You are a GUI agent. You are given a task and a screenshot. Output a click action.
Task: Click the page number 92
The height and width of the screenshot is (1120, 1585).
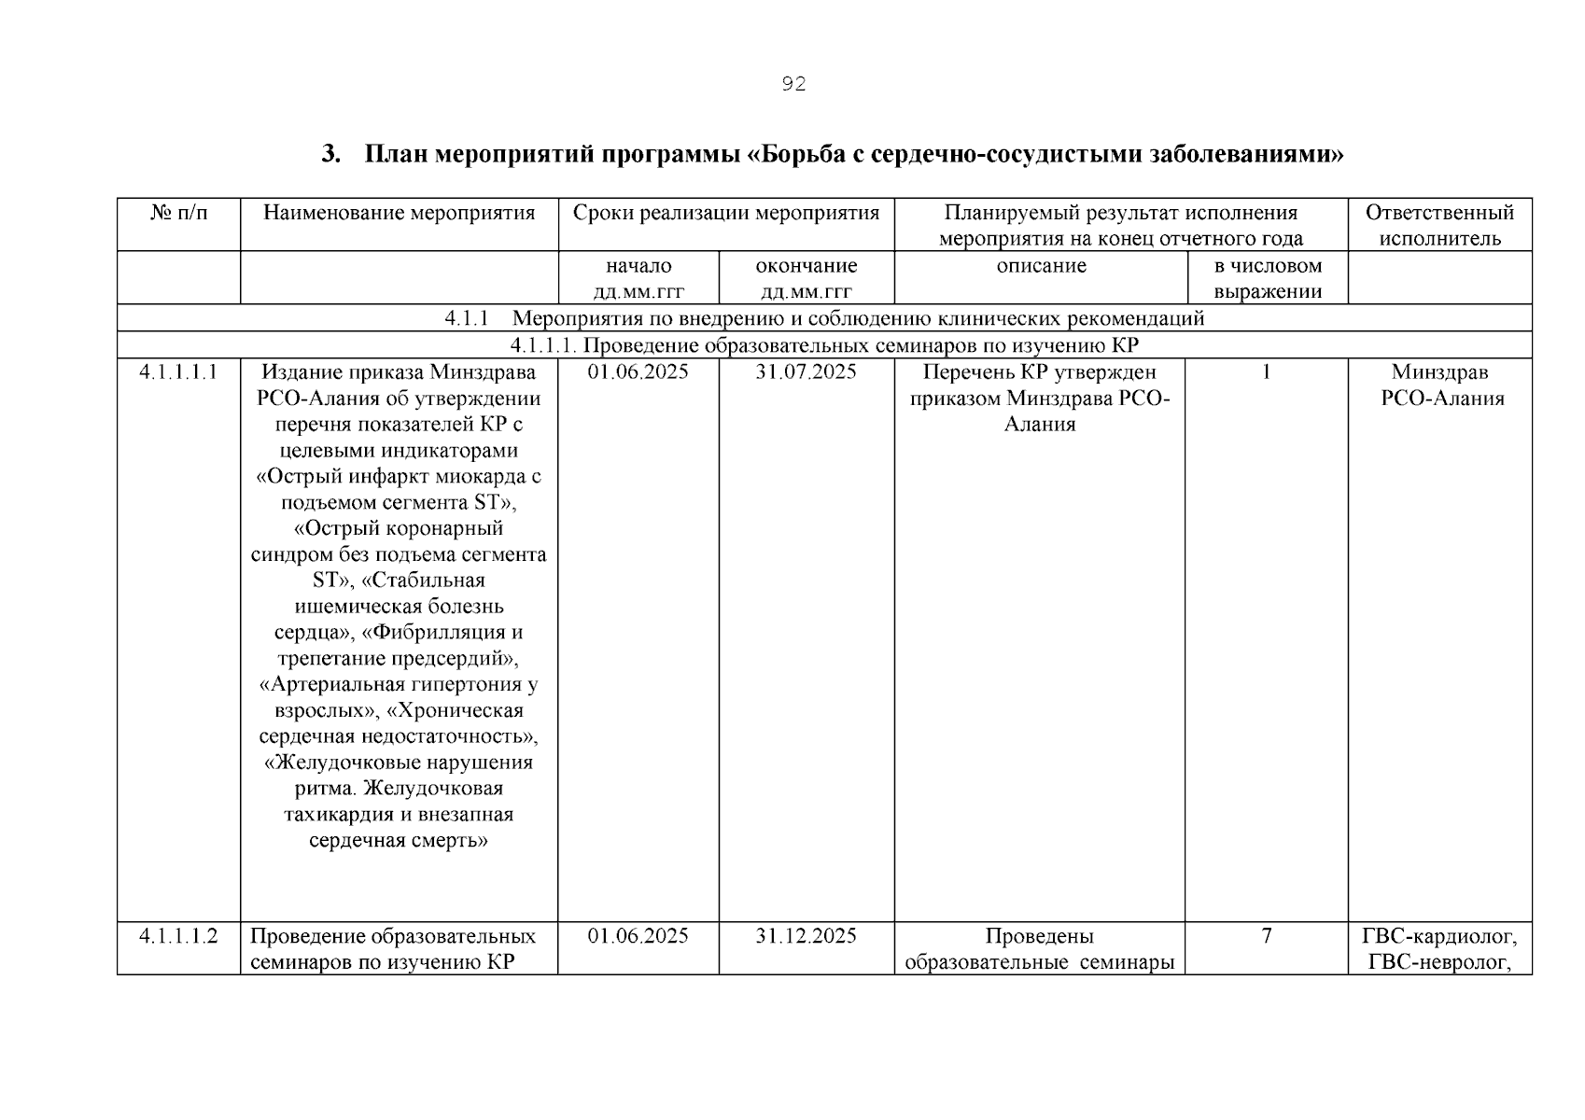coord(792,85)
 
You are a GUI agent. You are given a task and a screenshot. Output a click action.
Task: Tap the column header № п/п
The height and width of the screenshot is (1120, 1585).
coord(178,214)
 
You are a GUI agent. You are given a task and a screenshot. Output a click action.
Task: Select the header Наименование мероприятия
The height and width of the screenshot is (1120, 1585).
coord(399,214)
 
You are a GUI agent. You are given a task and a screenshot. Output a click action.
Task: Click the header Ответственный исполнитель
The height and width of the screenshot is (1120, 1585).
coord(1439,225)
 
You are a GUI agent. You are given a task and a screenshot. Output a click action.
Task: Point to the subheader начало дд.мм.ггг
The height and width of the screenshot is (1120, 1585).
coord(638,278)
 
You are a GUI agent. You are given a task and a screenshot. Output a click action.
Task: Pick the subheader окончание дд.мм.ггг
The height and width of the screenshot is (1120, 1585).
coord(806,278)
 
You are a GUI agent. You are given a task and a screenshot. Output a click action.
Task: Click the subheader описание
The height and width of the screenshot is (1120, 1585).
coord(1040,266)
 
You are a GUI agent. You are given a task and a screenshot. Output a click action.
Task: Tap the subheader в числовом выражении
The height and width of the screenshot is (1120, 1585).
coord(1267,278)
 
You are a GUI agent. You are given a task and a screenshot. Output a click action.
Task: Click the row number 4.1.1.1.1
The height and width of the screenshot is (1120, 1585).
coord(178,372)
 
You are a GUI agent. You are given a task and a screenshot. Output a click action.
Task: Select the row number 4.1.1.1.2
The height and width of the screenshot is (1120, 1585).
coord(178,936)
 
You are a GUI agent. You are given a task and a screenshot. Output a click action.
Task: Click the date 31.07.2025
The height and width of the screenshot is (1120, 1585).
coord(806,372)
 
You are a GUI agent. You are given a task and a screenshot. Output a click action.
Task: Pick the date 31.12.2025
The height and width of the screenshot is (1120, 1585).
coord(806,936)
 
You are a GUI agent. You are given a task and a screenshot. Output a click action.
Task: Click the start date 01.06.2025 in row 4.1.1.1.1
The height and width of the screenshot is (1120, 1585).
coord(638,372)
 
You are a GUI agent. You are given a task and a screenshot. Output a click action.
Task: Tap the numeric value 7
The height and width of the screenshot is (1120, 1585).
coord(1267,936)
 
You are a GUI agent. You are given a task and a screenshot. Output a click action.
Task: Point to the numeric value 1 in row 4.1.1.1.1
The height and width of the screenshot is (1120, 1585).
coord(1267,372)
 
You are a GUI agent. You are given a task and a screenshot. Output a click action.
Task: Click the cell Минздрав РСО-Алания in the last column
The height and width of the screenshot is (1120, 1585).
coord(1439,385)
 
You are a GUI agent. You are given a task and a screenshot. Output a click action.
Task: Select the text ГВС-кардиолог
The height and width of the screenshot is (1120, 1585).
coord(1439,936)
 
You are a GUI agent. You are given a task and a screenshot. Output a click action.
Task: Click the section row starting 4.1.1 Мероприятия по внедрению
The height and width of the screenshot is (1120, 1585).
coord(824,318)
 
